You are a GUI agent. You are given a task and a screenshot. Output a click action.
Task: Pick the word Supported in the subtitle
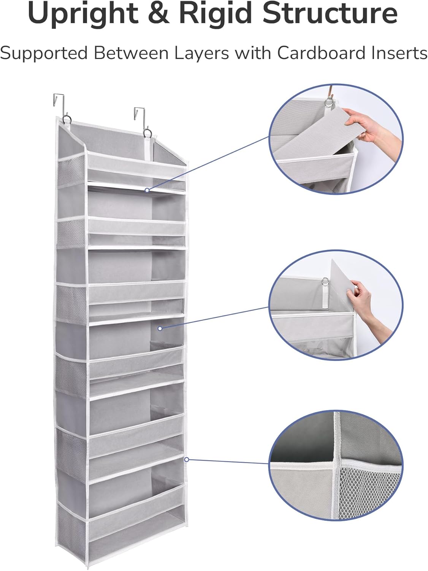tap(44, 53)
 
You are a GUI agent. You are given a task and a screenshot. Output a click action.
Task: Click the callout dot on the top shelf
tap(147, 189)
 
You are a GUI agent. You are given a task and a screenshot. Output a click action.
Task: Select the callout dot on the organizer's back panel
tap(160, 328)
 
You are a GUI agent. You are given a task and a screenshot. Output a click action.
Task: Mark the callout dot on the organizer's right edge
tap(187, 459)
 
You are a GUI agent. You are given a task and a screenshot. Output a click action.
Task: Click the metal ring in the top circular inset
tap(328, 102)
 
